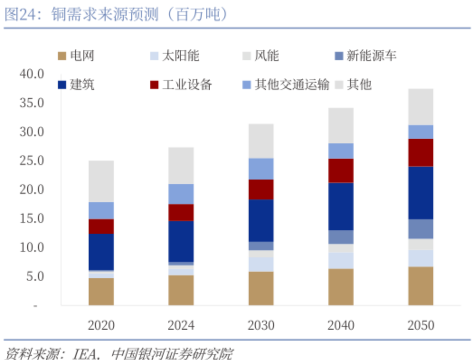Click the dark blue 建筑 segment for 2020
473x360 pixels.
(x=101, y=251)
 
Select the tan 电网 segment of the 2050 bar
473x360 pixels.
(x=421, y=286)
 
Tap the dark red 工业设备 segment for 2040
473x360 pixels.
(x=341, y=171)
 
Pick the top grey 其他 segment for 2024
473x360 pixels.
(x=181, y=166)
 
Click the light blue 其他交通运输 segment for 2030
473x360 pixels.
(x=261, y=169)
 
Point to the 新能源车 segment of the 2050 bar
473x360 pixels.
(x=421, y=229)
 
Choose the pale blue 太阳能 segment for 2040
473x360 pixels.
(x=341, y=261)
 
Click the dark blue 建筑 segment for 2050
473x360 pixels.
(x=421, y=193)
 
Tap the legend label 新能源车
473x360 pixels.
(x=371, y=56)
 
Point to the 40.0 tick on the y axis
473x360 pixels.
(x=31, y=73)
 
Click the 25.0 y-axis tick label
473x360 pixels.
(x=31, y=161)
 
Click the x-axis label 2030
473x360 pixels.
(x=261, y=325)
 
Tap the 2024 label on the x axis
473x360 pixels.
(x=181, y=325)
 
